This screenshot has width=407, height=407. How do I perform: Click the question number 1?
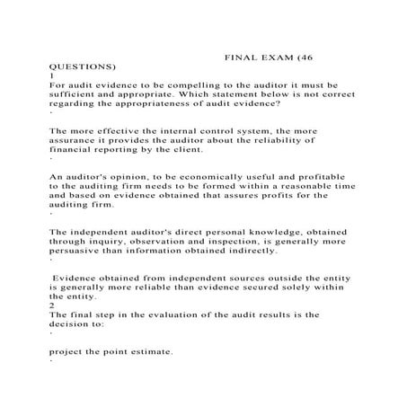click(x=51, y=77)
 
